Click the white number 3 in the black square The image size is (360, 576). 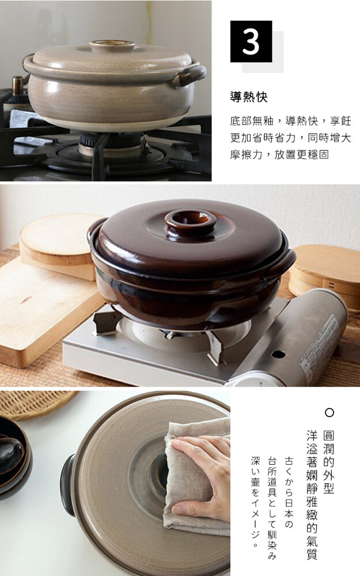pos(251,41)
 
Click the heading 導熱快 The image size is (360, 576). pos(249,97)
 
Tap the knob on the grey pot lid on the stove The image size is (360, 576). pos(112,46)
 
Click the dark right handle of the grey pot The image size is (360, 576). pos(188,75)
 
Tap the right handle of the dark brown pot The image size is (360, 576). pos(282,263)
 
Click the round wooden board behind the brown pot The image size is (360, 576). pos(59,241)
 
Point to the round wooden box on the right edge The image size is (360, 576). pos(325,274)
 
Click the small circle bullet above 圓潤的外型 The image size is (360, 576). pos(329,412)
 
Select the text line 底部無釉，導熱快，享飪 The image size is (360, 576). pos(290,121)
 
